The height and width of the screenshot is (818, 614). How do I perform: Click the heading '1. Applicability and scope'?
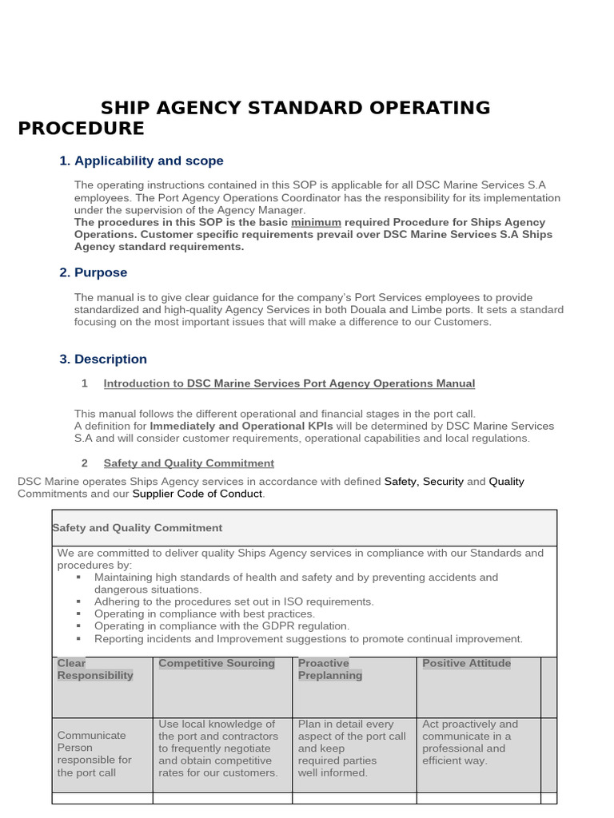(142, 161)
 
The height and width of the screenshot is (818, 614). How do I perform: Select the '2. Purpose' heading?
(94, 273)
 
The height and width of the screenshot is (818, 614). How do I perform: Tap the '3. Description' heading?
(103, 359)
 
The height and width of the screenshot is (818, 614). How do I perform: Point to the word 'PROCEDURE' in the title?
(82, 129)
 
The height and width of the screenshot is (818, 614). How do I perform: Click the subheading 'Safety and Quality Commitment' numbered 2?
(189, 463)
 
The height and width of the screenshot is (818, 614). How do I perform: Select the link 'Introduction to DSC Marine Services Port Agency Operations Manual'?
(289, 383)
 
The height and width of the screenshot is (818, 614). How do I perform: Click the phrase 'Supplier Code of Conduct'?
(197, 494)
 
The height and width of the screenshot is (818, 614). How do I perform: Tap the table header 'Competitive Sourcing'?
(217, 663)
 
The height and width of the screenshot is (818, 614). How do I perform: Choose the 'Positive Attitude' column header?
(466, 663)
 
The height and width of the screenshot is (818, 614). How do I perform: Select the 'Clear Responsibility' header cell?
(95, 669)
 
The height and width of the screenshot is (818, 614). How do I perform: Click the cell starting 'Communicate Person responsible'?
(94, 753)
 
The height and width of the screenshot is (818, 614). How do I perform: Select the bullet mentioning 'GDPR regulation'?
(221, 626)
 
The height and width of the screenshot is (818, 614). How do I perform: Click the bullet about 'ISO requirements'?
(233, 602)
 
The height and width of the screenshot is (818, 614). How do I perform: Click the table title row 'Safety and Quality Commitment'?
(138, 528)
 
